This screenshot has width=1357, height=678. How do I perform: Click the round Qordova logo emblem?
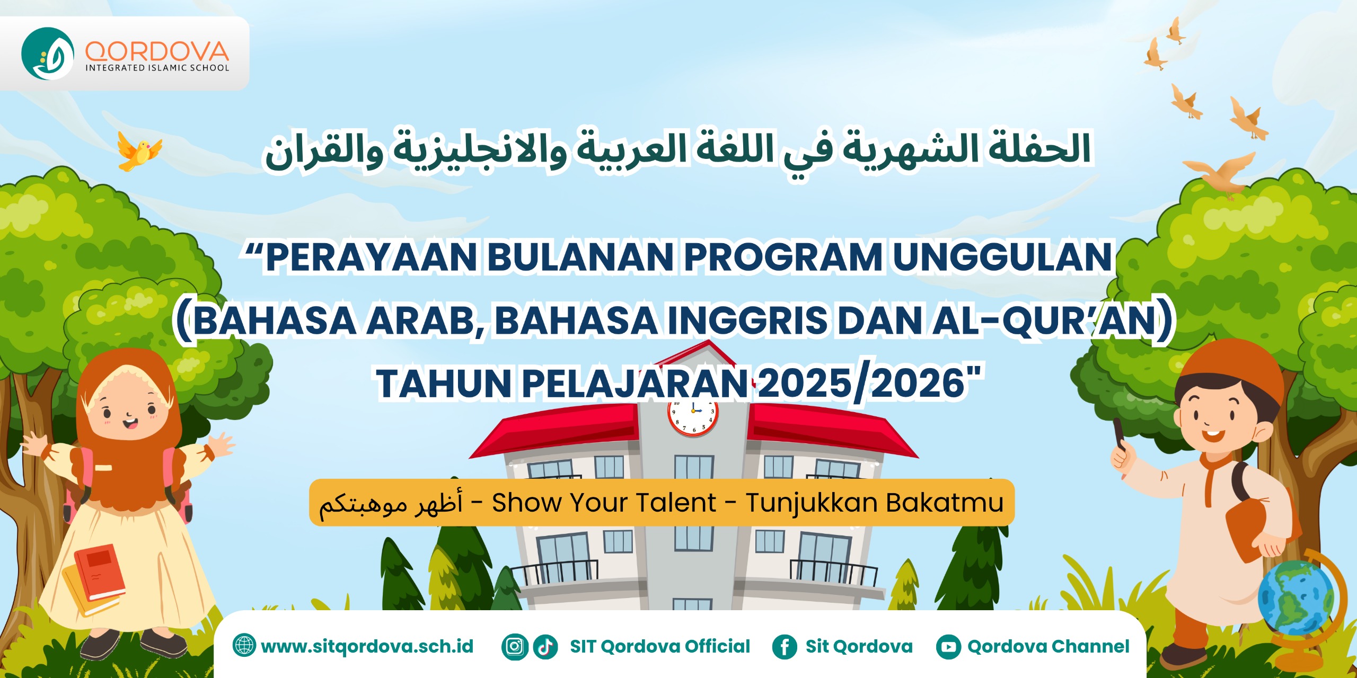pyautogui.click(x=48, y=53)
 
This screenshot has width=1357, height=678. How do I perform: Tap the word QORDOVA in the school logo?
pyautogui.click(x=157, y=51)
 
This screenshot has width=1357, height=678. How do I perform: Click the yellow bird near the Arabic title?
pyautogui.click(x=139, y=151)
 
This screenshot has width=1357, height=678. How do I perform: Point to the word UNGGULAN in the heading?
pyautogui.click(x=1002, y=257)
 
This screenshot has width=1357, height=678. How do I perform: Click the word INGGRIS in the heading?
pyautogui.click(x=747, y=321)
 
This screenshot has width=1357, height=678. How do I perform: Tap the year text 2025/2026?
pyautogui.click(x=861, y=383)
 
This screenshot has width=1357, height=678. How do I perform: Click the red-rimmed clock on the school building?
pyautogui.click(x=693, y=415)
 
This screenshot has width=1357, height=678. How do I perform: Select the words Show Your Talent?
pyautogui.click(x=604, y=503)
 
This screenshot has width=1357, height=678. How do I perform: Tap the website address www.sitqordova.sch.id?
pyautogui.click(x=367, y=647)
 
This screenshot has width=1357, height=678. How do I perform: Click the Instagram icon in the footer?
pyautogui.click(x=515, y=647)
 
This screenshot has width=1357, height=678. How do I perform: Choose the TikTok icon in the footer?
pyautogui.click(x=545, y=647)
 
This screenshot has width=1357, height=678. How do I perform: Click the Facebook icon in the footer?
pyautogui.click(x=785, y=647)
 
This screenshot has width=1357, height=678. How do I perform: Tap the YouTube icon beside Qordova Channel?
pyautogui.click(x=948, y=647)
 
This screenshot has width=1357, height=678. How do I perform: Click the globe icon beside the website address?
pyautogui.click(x=244, y=646)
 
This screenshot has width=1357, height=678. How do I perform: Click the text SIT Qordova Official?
pyautogui.click(x=660, y=647)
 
